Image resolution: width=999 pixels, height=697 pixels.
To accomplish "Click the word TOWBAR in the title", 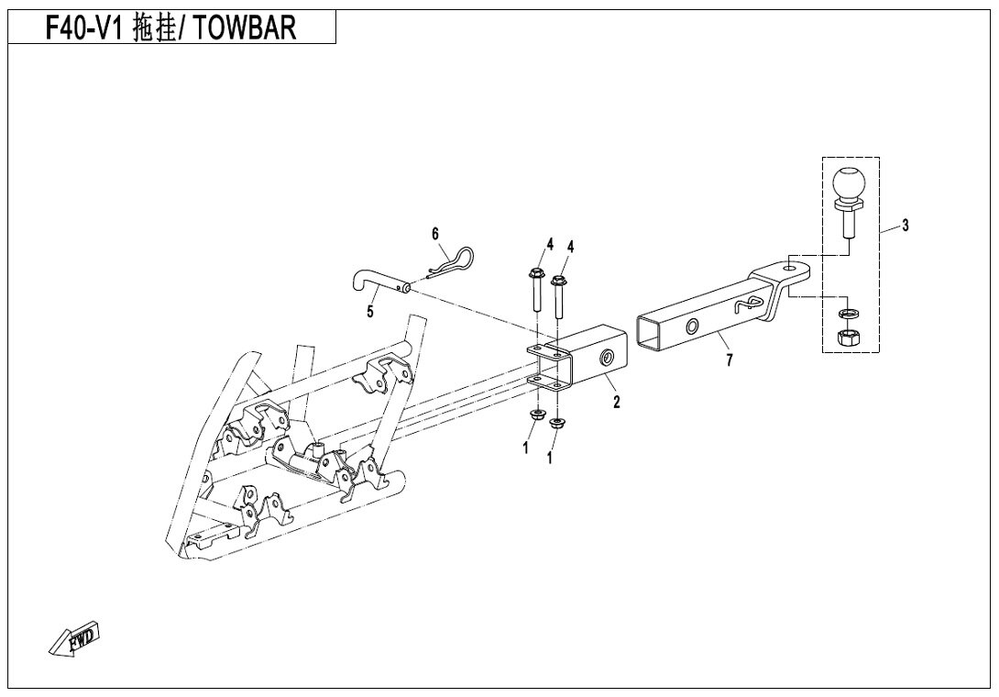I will [247, 29].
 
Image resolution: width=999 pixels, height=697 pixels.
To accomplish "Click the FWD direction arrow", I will [74, 640].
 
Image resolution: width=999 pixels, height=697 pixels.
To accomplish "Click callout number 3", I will [905, 225].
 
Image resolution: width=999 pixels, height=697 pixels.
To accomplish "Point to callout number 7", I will [729, 360].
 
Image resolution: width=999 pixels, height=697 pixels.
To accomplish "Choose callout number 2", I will [616, 401].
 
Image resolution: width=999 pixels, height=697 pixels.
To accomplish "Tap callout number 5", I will [370, 312].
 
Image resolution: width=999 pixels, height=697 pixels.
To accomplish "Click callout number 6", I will [436, 234].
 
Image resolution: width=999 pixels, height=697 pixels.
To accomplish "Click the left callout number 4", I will [550, 245].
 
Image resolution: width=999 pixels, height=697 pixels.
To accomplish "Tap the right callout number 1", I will [550, 457].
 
